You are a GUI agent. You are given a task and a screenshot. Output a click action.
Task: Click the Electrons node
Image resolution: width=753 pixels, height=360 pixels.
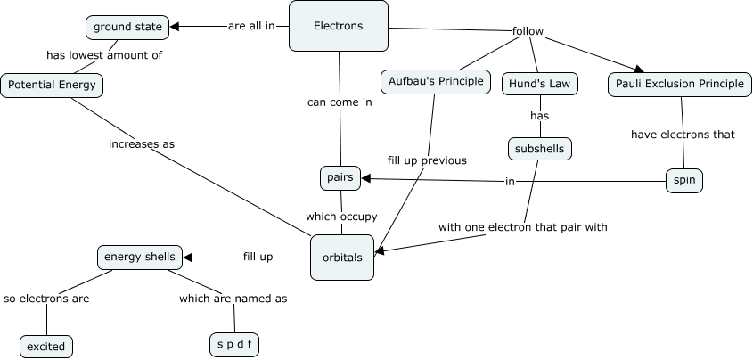point(339,26)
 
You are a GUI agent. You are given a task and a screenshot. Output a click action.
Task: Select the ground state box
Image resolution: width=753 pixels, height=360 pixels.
point(127,27)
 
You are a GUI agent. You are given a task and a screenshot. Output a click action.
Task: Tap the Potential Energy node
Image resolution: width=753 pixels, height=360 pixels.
point(52,86)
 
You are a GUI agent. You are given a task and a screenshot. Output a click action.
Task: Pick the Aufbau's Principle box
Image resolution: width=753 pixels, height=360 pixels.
point(437,82)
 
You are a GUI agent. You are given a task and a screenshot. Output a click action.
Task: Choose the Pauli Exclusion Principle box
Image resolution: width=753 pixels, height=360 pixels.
point(680,84)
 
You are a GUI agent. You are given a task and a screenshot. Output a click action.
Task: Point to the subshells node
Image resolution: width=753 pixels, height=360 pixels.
point(539,148)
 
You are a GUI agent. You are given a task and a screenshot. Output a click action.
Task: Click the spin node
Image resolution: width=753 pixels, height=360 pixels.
point(684,181)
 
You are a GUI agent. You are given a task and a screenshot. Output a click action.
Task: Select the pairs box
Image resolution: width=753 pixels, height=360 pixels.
point(340,177)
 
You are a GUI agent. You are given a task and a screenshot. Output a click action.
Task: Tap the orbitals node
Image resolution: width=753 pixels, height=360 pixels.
point(342,257)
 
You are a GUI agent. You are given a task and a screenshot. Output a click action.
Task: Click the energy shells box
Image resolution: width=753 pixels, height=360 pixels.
point(141,258)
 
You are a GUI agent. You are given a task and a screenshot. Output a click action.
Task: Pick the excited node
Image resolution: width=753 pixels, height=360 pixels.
point(46,346)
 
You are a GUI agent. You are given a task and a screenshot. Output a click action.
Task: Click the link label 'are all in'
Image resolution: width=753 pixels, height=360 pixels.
point(251,26)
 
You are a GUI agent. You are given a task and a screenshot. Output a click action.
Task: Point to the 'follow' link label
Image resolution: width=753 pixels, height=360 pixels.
point(528,32)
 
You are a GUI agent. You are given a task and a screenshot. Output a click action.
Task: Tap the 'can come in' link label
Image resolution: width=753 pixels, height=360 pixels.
point(340,102)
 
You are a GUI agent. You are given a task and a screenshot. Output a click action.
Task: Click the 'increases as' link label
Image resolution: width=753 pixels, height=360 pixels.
point(142,143)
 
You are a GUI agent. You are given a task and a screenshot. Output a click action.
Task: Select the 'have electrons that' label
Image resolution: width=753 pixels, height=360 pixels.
point(683,135)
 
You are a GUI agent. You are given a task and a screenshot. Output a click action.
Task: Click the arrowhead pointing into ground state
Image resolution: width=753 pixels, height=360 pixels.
point(175,27)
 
